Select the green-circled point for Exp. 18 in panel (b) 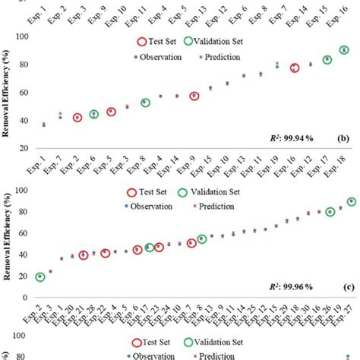coord(344,50)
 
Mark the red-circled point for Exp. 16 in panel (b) coord(295,68)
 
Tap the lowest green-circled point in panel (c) coord(39,276)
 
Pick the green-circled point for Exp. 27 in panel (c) coord(351,202)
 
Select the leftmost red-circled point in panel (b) coord(77,118)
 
